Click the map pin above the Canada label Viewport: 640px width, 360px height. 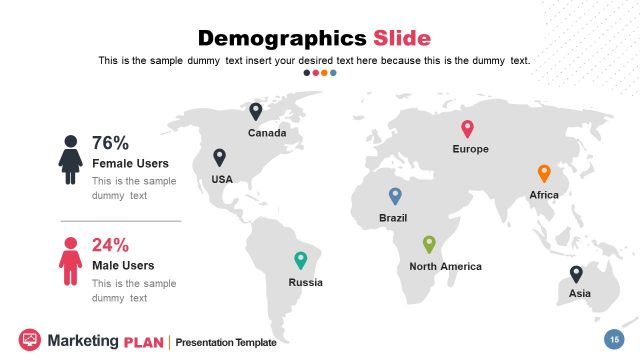click(x=256, y=111)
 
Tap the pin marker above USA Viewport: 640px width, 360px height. click(x=220, y=157)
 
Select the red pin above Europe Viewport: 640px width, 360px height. click(x=467, y=128)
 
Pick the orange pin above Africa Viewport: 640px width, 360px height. click(x=544, y=173)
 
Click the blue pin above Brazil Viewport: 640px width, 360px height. click(x=395, y=196)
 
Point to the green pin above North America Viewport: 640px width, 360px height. click(x=429, y=244)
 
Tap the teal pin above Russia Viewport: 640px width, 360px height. click(x=301, y=260)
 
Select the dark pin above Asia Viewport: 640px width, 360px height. click(x=576, y=273)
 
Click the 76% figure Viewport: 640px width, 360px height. click(x=110, y=143)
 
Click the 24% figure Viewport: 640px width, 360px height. click(x=110, y=245)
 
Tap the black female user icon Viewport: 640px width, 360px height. click(x=70, y=159)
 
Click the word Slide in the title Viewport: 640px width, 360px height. click(x=402, y=39)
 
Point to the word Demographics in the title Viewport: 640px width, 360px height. click(x=282, y=39)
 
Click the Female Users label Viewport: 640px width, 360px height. click(x=130, y=163)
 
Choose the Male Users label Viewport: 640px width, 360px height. click(x=123, y=265)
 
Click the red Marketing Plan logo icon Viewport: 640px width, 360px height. click(x=29, y=340)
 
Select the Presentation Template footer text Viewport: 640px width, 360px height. click(x=226, y=343)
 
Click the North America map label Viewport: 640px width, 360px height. click(x=445, y=266)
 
